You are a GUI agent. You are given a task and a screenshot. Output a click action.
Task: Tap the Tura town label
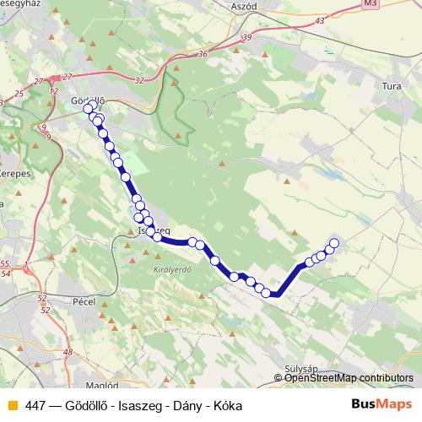391,86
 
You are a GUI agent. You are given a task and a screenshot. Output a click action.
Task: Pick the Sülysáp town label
300,369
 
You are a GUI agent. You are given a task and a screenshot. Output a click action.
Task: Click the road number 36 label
203,54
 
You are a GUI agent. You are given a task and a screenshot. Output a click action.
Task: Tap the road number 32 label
138,80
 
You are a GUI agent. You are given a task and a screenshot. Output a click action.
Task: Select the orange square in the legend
12,405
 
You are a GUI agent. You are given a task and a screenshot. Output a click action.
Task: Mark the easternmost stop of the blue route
333,244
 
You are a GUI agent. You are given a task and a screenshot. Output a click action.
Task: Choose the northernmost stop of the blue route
88,109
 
